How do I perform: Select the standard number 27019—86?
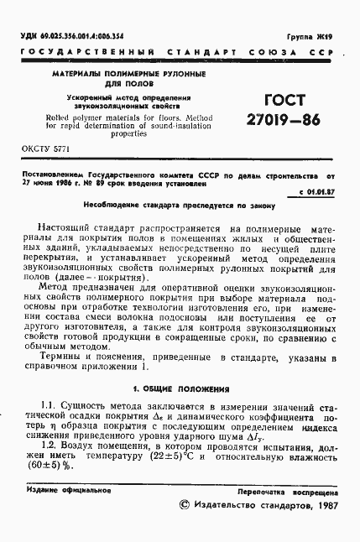point(283,119)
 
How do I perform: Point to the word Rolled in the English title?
point(63,117)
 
